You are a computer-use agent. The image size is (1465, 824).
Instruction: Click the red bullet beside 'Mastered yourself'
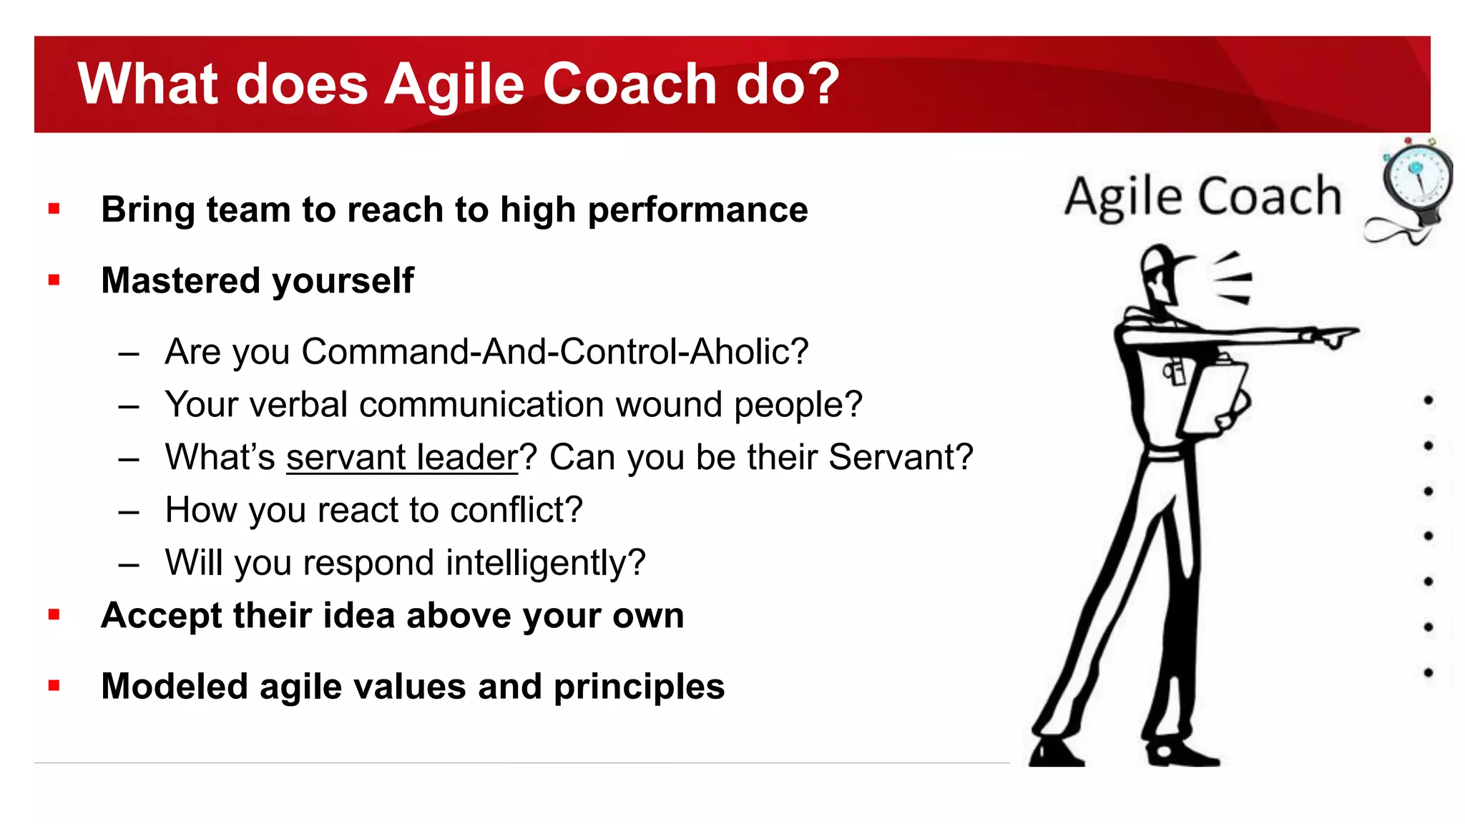(54, 280)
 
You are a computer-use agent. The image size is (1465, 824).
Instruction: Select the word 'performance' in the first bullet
(697, 210)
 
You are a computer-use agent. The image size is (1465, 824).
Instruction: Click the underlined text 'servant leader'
(402, 458)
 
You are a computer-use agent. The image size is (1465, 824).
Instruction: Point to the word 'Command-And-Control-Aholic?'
(554, 352)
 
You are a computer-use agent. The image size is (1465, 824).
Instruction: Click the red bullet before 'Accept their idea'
(54, 614)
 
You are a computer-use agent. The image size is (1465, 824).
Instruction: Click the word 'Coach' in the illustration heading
(1269, 197)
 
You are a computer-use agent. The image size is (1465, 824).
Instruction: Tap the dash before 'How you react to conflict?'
(129, 511)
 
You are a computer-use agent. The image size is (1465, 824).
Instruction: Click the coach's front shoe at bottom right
(1180, 752)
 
